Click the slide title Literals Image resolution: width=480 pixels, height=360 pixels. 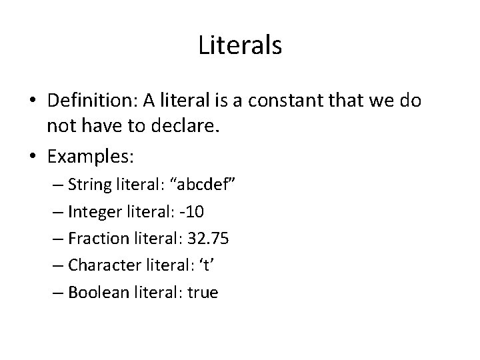click(x=240, y=46)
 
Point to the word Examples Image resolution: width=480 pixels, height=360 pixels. click(x=91, y=157)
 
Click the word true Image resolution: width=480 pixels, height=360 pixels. click(x=201, y=292)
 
